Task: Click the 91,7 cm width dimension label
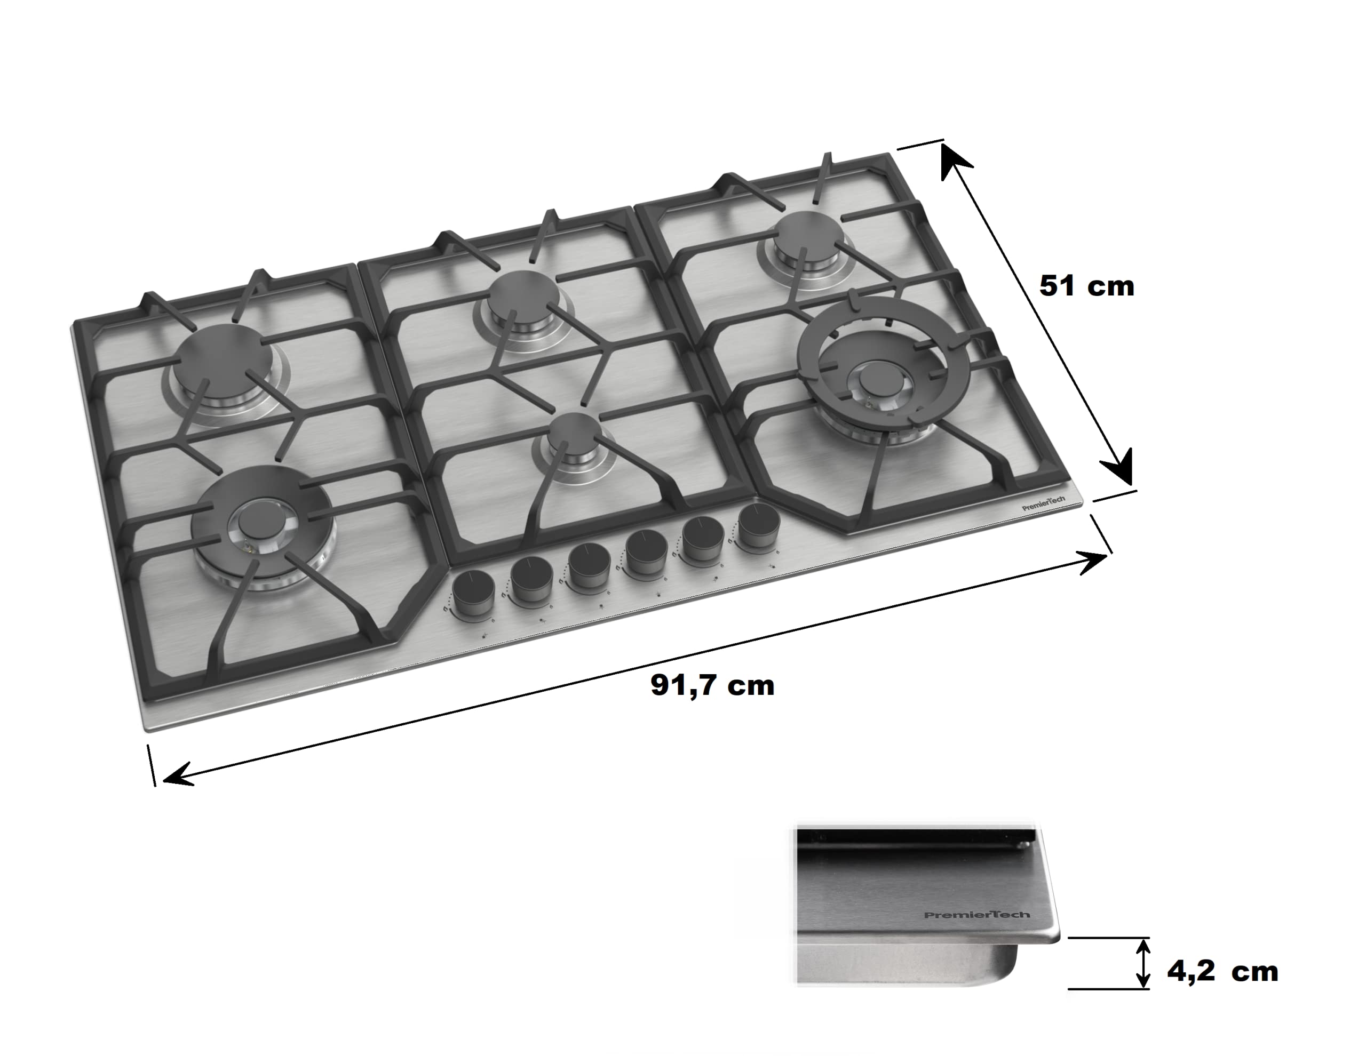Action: coord(712,686)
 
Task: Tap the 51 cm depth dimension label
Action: coord(1086,286)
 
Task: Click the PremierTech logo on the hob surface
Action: coord(1043,503)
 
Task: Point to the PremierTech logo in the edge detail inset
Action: coord(977,915)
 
